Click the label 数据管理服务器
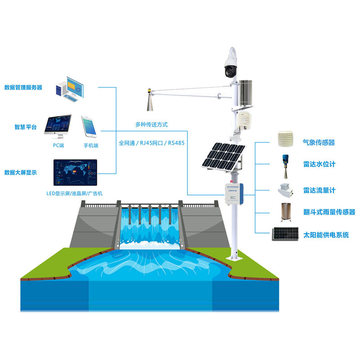[x=23, y=87]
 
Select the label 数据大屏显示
[x=23, y=172]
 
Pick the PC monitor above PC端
[x=57, y=126]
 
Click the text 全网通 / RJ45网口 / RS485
[x=153, y=143]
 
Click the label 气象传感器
[x=319, y=143]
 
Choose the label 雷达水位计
[x=319, y=165]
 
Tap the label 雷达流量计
[x=319, y=190]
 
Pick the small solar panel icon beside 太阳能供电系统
[x=285, y=234]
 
